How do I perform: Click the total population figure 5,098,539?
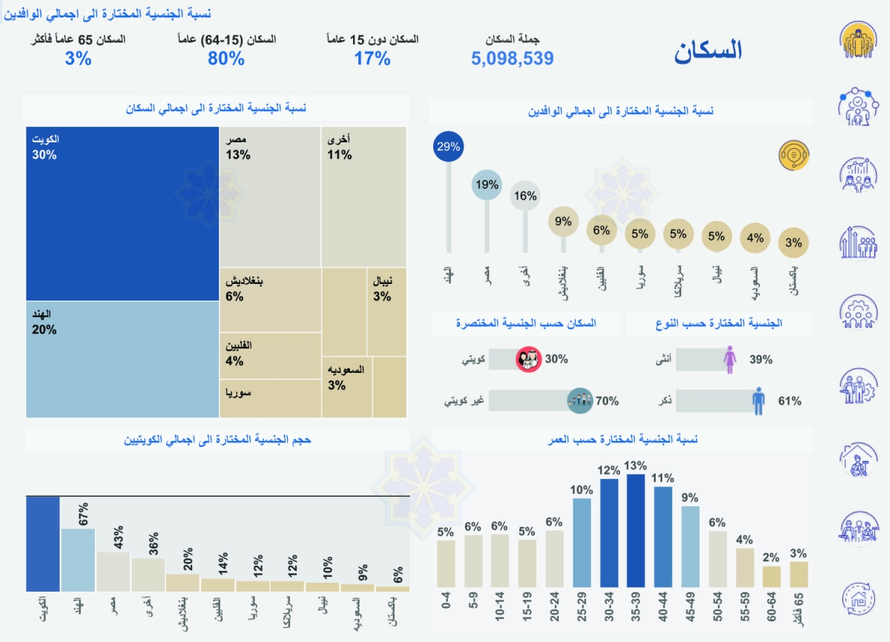[512, 59]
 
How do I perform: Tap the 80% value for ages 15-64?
[226, 59]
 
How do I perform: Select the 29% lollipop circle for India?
[448, 147]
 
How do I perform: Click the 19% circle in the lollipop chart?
[487, 185]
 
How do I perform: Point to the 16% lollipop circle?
[525, 196]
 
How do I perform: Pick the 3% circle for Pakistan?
[794, 242]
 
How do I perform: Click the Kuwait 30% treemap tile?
[122, 214]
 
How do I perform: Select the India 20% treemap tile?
[122, 359]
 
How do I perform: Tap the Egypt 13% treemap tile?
[270, 196]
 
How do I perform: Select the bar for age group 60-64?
[772, 576]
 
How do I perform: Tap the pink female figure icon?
[731, 360]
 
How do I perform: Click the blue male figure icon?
[758, 401]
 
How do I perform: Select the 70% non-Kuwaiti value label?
[607, 401]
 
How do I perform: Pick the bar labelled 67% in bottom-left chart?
[78, 559]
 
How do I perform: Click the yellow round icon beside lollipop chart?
[793, 156]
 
